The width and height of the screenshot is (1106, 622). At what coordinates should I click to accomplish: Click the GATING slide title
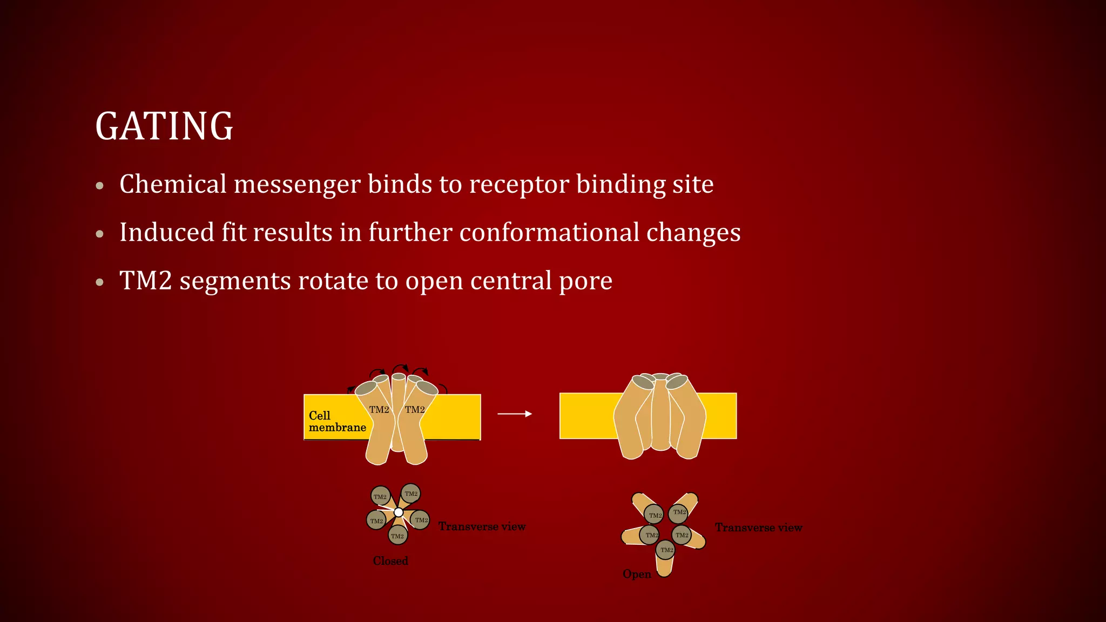pos(164,126)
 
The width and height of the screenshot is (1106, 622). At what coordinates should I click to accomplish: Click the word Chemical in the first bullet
pos(173,184)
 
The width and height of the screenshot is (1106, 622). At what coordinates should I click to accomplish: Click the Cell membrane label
pos(336,422)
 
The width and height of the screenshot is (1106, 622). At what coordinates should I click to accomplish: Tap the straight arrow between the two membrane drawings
pos(514,414)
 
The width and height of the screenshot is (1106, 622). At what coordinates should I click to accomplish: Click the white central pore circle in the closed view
pos(399,512)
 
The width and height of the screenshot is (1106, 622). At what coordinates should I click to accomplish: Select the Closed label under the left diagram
pos(390,561)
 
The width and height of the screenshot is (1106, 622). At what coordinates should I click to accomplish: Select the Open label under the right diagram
pos(637,574)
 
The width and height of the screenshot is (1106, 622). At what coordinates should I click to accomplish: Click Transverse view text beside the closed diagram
pos(482,526)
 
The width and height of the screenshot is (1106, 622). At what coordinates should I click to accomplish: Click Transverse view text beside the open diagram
pos(758,528)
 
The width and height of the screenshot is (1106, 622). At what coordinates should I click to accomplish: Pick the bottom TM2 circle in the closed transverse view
pos(397,536)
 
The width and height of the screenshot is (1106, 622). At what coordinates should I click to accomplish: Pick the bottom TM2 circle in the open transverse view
pos(666,550)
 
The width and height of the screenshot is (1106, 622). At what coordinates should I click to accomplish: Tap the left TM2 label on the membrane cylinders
pos(379,410)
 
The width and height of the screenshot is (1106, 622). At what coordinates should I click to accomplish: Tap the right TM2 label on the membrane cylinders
pos(415,410)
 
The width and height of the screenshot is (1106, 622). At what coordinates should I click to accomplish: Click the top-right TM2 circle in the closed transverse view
pos(411,493)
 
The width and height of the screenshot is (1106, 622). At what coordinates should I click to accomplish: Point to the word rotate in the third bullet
pos(334,281)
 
